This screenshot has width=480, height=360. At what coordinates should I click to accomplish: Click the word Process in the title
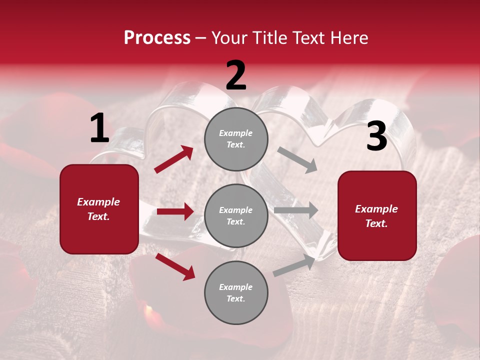click(x=157, y=38)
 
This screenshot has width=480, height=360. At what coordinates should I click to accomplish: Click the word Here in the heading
click(x=348, y=38)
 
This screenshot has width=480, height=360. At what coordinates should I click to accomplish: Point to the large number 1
click(x=99, y=128)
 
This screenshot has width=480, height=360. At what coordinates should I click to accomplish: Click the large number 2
click(x=236, y=75)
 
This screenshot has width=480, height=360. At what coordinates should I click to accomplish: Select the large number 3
click(x=376, y=136)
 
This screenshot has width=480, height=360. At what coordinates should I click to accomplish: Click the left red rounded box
click(x=99, y=209)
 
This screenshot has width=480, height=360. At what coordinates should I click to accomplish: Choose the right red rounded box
click(x=377, y=215)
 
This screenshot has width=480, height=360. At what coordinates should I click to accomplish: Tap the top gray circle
click(x=236, y=138)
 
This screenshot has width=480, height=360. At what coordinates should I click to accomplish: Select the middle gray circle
click(x=236, y=215)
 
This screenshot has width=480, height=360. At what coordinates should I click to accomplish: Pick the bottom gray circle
click(x=236, y=292)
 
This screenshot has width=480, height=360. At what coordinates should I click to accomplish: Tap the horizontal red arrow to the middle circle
click(x=175, y=211)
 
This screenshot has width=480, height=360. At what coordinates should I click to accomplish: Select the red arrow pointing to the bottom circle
click(x=175, y=266)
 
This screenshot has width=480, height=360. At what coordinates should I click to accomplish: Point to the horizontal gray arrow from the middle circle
click(x=295, y=210)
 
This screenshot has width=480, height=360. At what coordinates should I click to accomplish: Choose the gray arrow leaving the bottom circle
click(x=294, y=265)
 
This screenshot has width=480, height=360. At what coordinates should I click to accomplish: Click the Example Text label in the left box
click(x=99, y=209)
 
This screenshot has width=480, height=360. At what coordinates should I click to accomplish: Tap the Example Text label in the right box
click(x=377, y=216)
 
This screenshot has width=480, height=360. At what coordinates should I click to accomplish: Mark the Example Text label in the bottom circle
click(x=236, y=292)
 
